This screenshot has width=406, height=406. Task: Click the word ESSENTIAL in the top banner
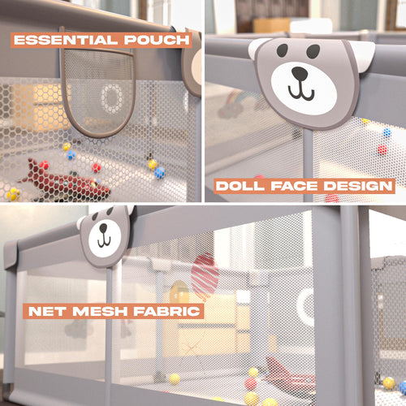(66, 40)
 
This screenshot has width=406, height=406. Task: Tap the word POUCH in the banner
(157, 40)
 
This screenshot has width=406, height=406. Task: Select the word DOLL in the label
(240, 186)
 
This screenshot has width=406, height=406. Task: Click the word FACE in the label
(294, 186)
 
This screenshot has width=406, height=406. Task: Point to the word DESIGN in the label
(358, 186)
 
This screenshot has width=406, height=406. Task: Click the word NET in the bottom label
(47, 312)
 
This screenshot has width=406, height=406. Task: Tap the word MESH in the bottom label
(100, 312)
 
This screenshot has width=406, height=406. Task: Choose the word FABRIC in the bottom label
(166, 312)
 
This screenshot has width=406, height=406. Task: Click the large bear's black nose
(300, 73)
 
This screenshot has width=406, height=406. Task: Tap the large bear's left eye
(283, 50)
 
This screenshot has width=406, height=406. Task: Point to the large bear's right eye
(313, 51)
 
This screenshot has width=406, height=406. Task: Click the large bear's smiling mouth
(301, 92)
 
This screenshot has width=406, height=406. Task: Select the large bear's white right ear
(363, 56)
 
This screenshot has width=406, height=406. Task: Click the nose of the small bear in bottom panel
(103, 228)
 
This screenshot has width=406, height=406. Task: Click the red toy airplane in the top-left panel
(63, 180)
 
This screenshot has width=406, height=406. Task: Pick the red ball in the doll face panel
(382, 149)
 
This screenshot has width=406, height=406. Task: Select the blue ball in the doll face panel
(387, 132)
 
